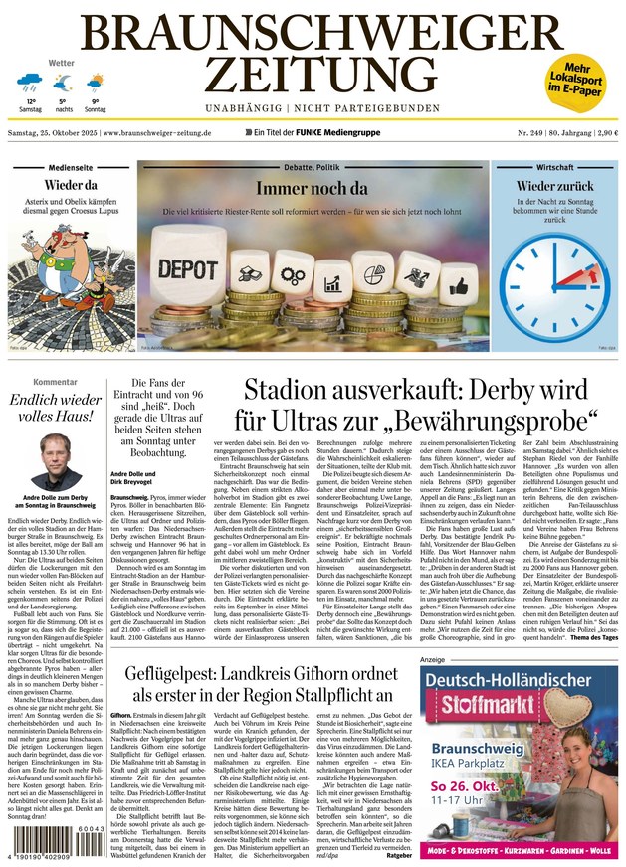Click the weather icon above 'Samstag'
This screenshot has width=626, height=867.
pos(31,82)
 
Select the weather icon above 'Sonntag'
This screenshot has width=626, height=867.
pos(96,82)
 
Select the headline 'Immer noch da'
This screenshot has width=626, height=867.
pos(313,189)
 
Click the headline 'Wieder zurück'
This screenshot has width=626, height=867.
pos(554,186)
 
